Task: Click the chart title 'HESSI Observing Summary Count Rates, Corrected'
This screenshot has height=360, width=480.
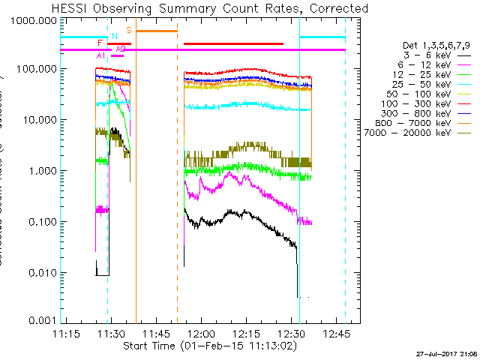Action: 210,9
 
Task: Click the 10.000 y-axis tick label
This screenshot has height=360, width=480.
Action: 37,120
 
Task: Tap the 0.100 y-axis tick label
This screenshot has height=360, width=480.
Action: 40,223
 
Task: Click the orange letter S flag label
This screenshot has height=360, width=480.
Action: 128,30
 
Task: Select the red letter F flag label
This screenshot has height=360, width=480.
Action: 100,43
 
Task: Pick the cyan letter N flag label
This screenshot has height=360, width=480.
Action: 114,36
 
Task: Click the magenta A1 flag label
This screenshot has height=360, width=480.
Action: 101,55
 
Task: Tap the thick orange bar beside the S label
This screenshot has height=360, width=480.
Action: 156,31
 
